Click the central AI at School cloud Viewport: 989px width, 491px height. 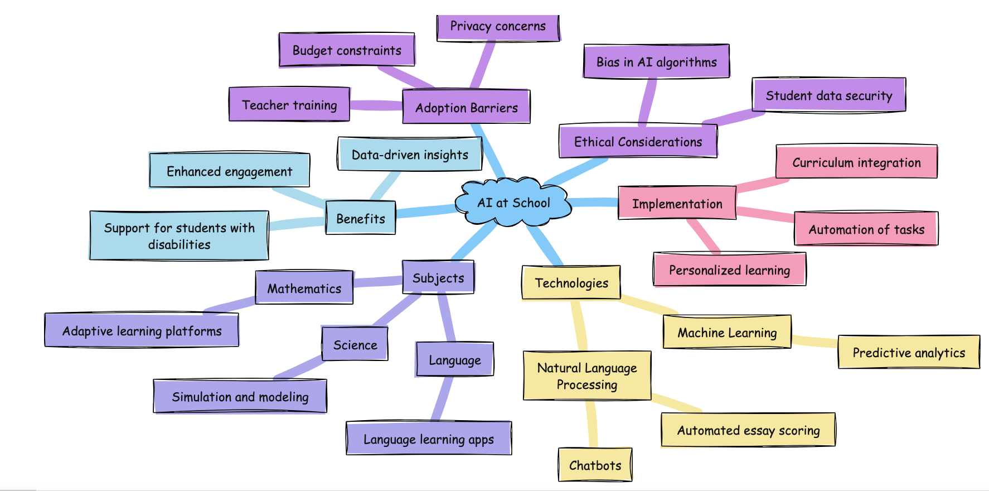pos(513,203)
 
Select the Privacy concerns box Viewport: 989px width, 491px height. pos(498,27)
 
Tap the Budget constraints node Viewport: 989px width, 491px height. pos(347,50)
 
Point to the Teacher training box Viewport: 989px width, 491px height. pos(289,105)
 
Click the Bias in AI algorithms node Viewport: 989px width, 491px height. pos(656,62)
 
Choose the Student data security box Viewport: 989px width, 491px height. pos(828,95)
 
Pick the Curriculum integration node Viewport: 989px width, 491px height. pos(856,162)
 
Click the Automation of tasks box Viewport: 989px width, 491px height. pos(866,229)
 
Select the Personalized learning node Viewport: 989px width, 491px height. pos(729,270)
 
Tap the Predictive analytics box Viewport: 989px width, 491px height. pos(909,353)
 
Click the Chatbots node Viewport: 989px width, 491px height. pos(595,465)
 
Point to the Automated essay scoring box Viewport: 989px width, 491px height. pos(748,430)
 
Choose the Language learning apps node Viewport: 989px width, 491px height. pos(428,439)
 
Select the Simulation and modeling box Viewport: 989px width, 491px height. pos(240,397)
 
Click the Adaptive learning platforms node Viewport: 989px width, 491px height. pos(142,331)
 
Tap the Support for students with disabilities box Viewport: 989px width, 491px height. pos(179,236)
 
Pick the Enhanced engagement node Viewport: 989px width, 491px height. pos(229,171)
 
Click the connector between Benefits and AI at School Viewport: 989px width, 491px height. pos(426,212)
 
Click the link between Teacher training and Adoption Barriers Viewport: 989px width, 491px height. pos(376,105)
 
